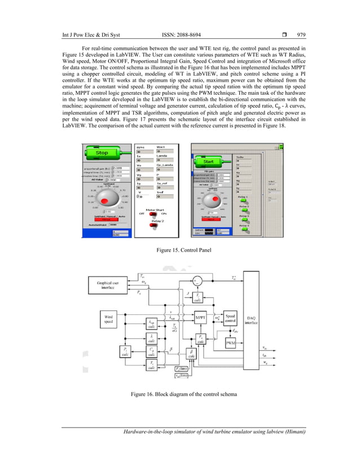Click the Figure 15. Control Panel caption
[x=180, y=249]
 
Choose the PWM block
[x=230, y=343]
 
